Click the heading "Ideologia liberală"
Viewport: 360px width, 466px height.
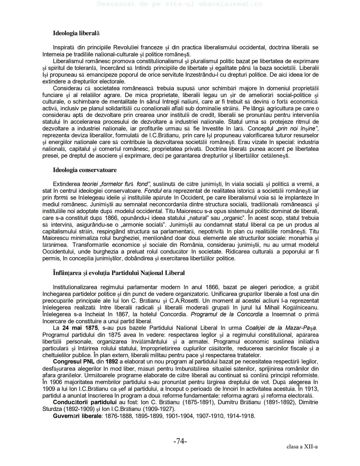tap(76, 33)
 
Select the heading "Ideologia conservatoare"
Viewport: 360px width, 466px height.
tap(85, 170)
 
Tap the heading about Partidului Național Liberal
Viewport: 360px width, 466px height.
tap(119, 273)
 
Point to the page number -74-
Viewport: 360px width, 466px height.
tap(180, 441)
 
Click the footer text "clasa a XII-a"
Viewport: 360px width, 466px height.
tap(302, 447)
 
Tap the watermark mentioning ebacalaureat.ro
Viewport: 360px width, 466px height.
tap(180, 4)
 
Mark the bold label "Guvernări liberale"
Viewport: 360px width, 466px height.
tap(77, 416)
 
